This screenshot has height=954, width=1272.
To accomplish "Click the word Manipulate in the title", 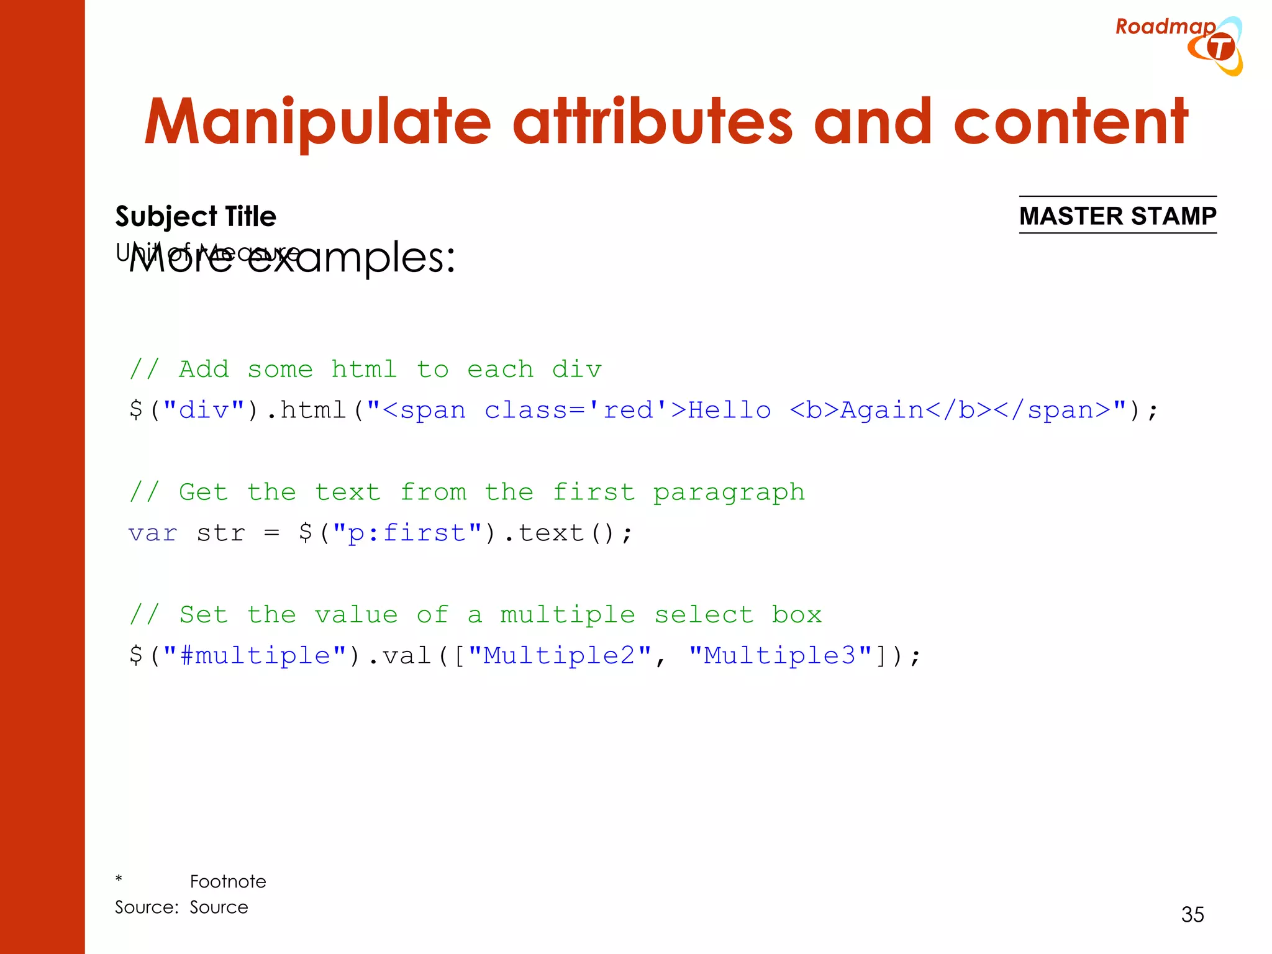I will coord(317,122).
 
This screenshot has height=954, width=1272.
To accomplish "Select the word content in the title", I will coord(1070,122).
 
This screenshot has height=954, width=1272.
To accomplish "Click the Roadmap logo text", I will coord(1165,27).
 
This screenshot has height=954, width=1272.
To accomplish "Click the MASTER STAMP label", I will coord(1117,216).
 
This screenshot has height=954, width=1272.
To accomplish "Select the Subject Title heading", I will coord(196,217).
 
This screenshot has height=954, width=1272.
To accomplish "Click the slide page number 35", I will coord(1192,914).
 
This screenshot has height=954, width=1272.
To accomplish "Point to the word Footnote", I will coord(228,881).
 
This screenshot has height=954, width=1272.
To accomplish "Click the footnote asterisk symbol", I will coord(119,879).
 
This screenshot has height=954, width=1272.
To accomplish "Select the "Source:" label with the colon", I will coord(147,907).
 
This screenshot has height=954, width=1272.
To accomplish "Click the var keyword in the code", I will coord(153,534).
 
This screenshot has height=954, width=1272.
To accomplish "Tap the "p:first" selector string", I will coord(407,534).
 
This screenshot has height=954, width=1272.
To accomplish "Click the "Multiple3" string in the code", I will coord(779,656).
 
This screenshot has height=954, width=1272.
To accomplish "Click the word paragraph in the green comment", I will coord(729,493).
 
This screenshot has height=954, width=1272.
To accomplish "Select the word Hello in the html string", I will coord(729,411).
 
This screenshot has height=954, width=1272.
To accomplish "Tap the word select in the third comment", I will coord(704,615).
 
